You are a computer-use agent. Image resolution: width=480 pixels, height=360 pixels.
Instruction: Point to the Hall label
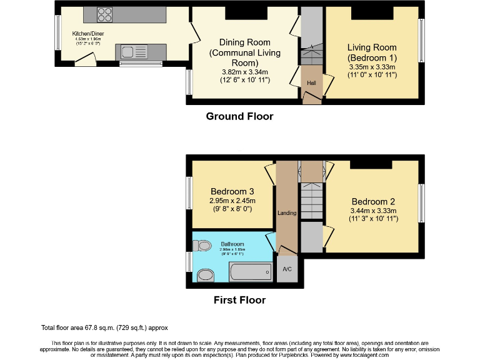tap(311, 82)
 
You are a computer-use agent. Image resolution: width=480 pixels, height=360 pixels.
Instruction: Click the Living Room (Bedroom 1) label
tap(372, 52)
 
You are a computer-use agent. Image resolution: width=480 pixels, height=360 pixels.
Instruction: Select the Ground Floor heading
tap(239, 116)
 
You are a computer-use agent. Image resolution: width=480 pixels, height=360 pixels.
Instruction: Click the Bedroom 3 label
tap(232, 191)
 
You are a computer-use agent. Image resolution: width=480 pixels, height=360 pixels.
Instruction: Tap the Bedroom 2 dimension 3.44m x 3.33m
tap(373, 211)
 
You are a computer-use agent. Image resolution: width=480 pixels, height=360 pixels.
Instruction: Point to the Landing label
tap(287, 213)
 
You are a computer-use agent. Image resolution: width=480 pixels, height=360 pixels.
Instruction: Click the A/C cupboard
tap(287, 269)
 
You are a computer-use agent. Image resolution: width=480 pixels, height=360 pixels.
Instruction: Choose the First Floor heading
tap(239, 300)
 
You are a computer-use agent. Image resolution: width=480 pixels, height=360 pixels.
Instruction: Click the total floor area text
tap(104, 327)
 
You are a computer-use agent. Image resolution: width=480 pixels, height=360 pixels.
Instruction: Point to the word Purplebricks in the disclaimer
tap(307, 355)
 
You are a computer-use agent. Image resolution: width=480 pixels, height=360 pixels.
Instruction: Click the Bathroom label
tap(232, 244)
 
